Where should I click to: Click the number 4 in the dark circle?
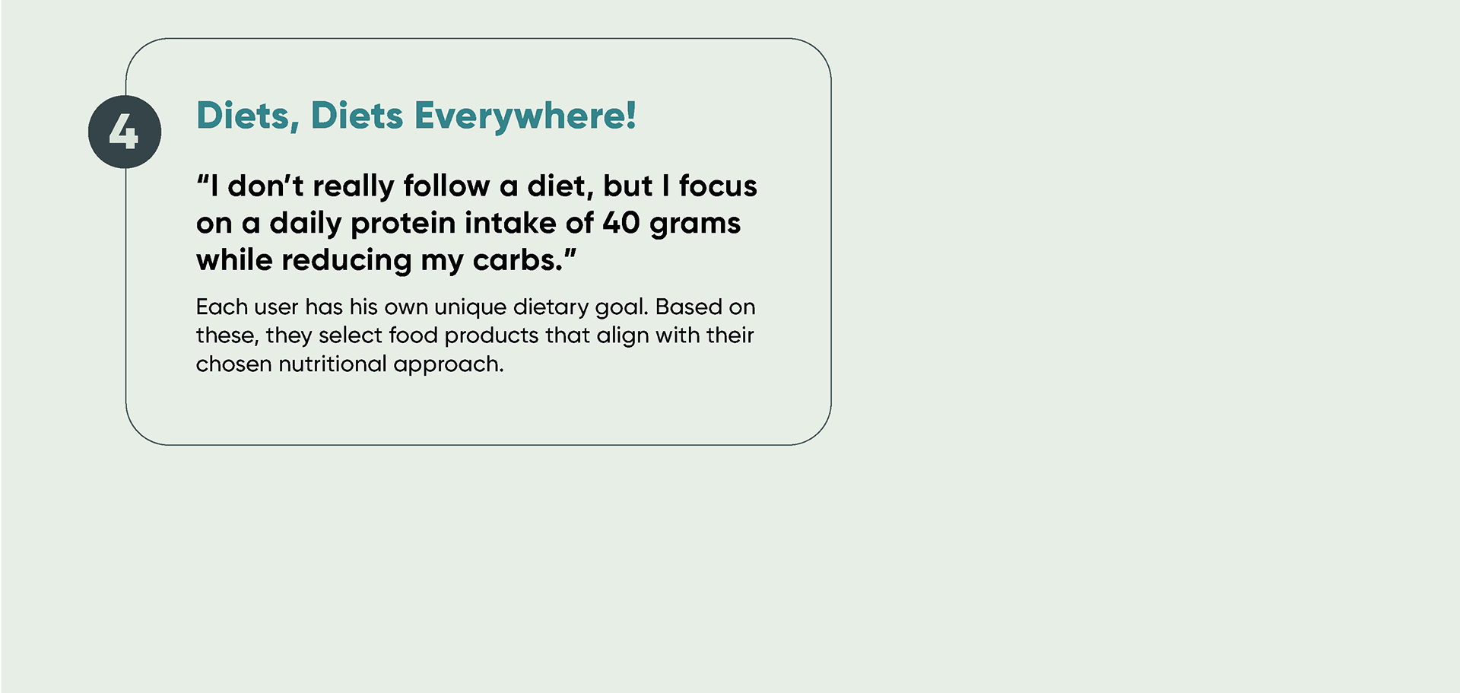pyautogui.click(x=123, y=132)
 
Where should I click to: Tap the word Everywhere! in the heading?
pyautogui.click(x=525, y=116)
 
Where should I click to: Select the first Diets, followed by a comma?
pyautogui.click(x=248, y=116)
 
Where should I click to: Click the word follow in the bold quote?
pyautogui.click(x=446, y=186)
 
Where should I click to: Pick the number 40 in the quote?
pyautogui.click(x=621, y=223)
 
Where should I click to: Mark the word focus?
pyautogui.click(x=718, y=186)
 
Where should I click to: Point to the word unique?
pyautogui.click(x=470, y=307)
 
